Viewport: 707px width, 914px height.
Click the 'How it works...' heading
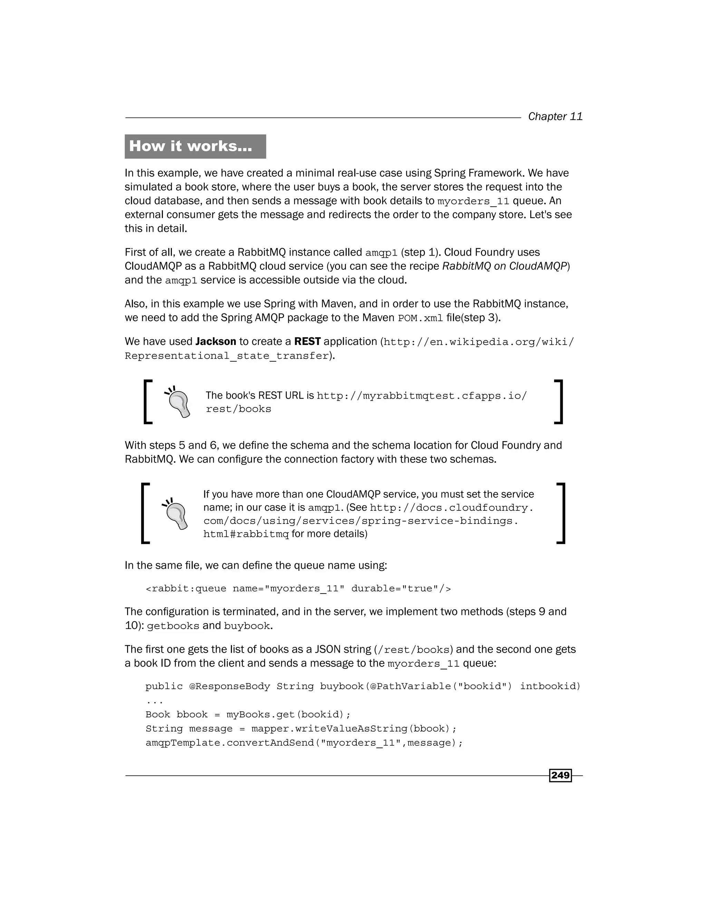point(191,146)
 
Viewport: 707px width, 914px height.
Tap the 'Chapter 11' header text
point(555,116)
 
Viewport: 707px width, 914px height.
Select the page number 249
point(560,775)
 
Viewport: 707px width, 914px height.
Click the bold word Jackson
point(216,341)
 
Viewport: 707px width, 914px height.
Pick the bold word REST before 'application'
point(308,341)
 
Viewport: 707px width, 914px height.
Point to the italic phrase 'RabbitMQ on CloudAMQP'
point(504,266)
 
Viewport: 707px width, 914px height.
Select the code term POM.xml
point(420,318)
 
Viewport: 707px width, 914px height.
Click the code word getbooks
point(173,626)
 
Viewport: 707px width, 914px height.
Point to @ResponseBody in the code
point(230,686)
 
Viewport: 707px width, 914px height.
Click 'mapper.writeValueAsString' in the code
point(329,728)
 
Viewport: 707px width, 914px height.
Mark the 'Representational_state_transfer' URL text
point(226,356)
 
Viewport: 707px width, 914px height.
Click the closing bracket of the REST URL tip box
point(559,402)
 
